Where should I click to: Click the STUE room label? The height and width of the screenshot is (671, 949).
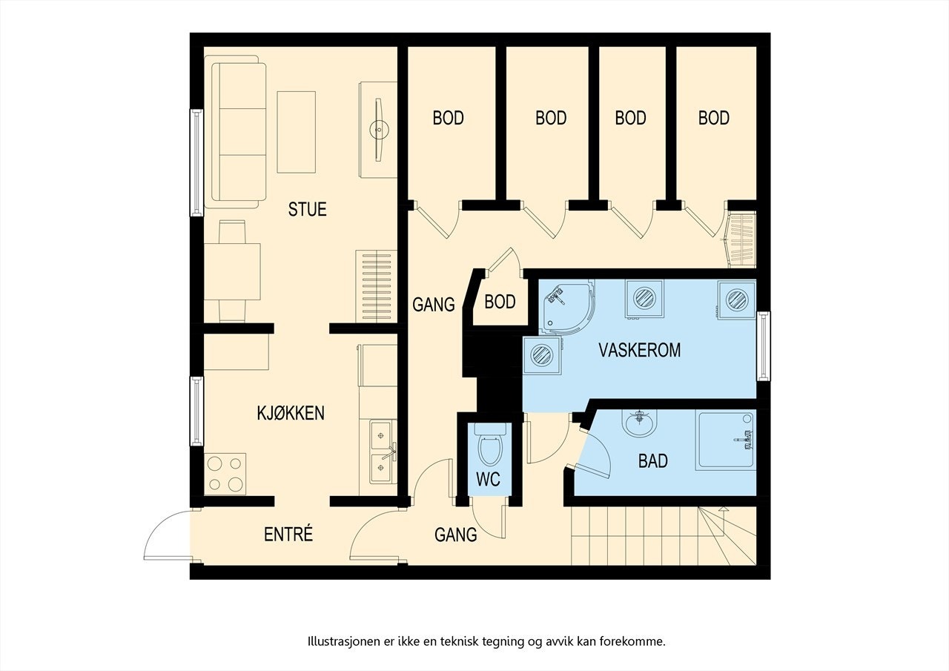(x=307, y=209)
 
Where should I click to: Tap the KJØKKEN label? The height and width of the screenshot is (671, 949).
(x=291, y=413)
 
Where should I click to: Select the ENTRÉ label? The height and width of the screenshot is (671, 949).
(x=288, y=534)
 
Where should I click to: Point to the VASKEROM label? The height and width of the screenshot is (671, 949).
(x=639, y=350)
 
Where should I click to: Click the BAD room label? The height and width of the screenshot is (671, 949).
(x=653, y=461)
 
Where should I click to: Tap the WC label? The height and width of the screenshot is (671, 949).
(x=488, y=480)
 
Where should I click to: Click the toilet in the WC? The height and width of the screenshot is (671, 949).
(x=490, y=445)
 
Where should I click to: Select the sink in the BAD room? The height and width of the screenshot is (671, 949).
(x=639, y=423)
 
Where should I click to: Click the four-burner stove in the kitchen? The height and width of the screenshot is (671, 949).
(x=225, y=474)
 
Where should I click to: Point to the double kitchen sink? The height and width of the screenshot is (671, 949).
(x=383, y=452)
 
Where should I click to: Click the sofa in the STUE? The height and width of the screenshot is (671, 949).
(x=236, y=132)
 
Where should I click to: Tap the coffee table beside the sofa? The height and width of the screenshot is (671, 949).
(x=296, y=132)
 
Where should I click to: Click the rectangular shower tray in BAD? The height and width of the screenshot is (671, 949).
(x=726, y=440)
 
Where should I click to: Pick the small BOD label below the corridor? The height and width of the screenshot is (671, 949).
(x=500, y=302)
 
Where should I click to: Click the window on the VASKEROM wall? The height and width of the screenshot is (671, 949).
(x=764, y=346)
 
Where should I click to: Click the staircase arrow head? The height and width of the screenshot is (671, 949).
(x=724, y=509)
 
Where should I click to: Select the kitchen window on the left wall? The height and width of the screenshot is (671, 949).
(x=196, y=411)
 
